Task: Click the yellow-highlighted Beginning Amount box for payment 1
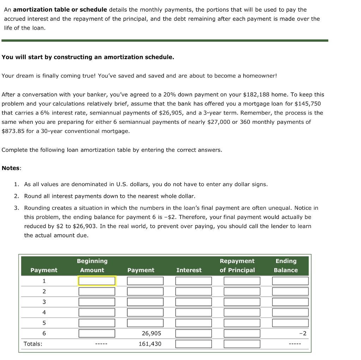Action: click(97, 281)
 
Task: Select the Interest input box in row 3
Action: click(194, 302)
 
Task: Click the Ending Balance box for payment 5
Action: click(290, 323)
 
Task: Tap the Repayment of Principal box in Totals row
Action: click(242, 344)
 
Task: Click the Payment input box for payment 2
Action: click(145, 292)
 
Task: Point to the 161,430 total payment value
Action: click(150, 344)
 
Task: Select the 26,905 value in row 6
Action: click(152, 334)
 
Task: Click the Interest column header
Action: click(189, 270)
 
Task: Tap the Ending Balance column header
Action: click(286, 266)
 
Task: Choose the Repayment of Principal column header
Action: click(237, 266)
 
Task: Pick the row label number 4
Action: click(44, 312)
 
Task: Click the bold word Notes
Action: click(11, 168)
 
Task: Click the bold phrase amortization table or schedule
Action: click(60, 10)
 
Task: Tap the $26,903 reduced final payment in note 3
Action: click(85, 226)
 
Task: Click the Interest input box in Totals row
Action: click(194, 344)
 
